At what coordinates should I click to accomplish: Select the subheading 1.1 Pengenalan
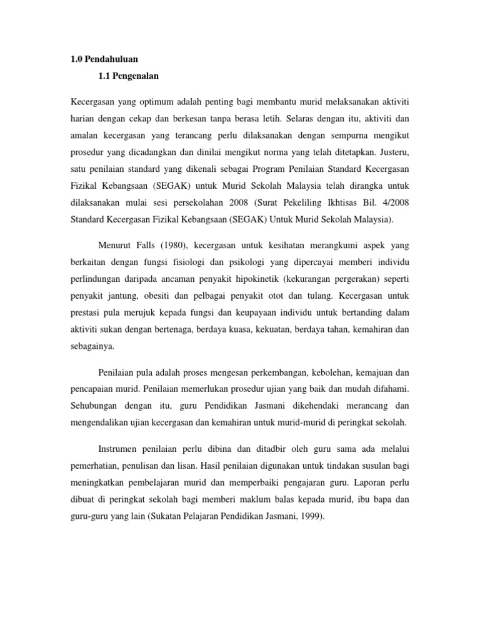tap(129, 76)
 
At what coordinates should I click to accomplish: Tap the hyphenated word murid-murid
tap(299, 422)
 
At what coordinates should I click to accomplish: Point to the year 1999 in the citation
tap(307, 516)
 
